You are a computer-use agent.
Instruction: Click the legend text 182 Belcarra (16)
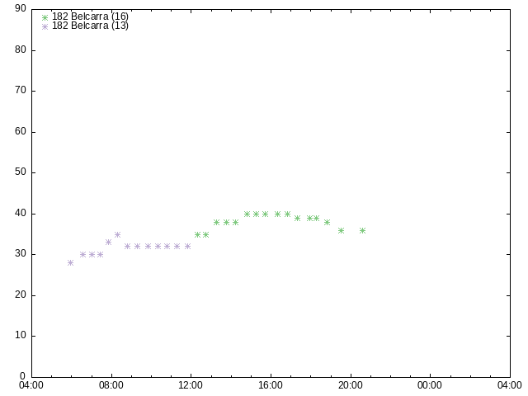click(x=90, y=16)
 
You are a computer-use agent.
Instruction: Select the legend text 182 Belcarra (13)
click(x=90, y=26)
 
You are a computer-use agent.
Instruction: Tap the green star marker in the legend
click(x=45, y=17)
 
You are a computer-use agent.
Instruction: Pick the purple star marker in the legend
click(x=45, y=26)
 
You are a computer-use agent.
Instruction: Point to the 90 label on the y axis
click(x=21, y=8)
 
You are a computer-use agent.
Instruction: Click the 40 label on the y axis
click(x=21, y=213)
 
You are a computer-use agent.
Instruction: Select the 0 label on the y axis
click(x=23, y=376)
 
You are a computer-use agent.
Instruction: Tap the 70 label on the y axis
click(x=21, y=90)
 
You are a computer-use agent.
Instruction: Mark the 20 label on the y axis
click(x=21, y=295)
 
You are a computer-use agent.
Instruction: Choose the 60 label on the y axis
click(x=21, y=131)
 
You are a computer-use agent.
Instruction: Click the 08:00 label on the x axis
click(x=111, y=385)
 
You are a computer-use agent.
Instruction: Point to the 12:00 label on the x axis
click(x=191, y=385)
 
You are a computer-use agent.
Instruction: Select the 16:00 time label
click(x=271, y=385)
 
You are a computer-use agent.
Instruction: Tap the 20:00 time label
click(x=351, y=385)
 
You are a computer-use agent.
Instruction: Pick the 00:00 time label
click(x=430, y=385)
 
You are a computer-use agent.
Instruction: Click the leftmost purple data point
click(x=70, y=262)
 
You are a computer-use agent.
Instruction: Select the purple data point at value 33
click(x=108, y=242)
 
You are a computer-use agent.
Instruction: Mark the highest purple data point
click(x=117, y=234)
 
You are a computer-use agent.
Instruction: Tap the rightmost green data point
click(x=363, y=230)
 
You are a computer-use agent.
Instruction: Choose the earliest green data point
click(x=198, y=234)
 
